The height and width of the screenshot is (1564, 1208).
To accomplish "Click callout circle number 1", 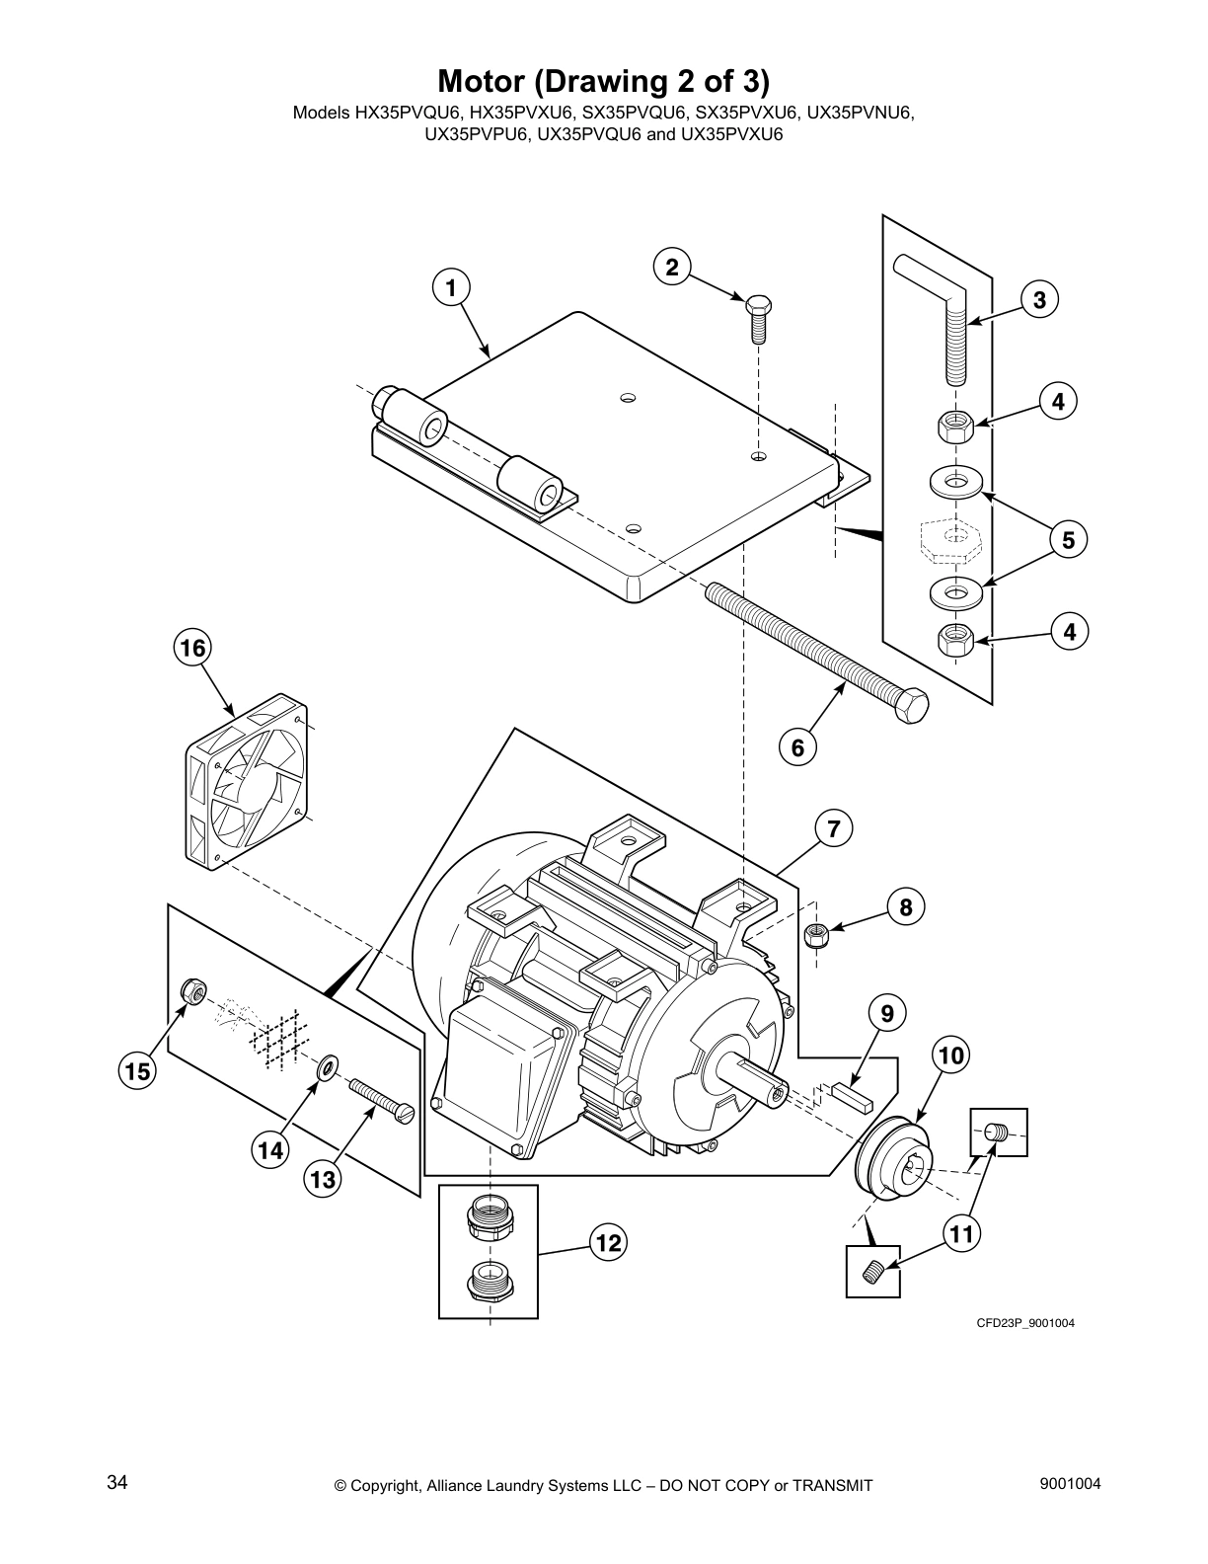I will click(x=451, y=288).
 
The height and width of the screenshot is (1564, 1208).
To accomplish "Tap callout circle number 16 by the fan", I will click(x=193, y=648).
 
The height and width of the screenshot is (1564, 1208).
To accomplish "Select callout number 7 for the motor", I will click(x=833, y=828).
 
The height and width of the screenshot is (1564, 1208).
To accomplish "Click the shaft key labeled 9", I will click(x=850, y=1093).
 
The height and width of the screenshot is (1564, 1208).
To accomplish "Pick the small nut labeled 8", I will click(x=816, y=933).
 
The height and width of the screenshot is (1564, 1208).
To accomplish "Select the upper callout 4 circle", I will click(x=1057, y=402).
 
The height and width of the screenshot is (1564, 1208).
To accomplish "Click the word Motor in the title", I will click(x=483, y=79).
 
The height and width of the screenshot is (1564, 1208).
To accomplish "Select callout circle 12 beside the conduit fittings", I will click(x=609, y=1242).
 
